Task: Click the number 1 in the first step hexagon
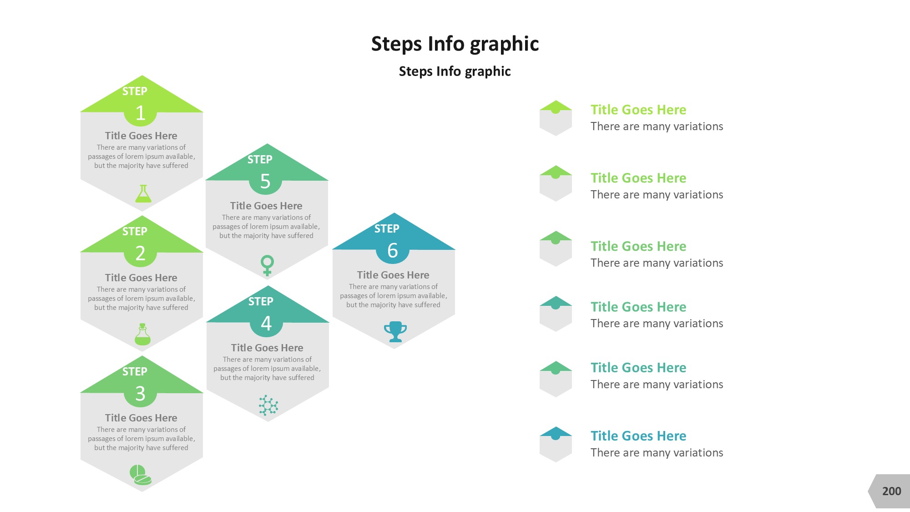tap(140, 113)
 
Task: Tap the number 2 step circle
tap(140, 253)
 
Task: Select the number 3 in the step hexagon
tap(140, 393)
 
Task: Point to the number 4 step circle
tap(267, 323)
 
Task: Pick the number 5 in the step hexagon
tap(265, 181)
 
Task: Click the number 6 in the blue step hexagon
tap(393, 250)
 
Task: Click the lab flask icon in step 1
tap(143, 193)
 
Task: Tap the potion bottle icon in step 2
tap(142, 334)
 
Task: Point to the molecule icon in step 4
tap(268, 405)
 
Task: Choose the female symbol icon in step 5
tap(267, 265)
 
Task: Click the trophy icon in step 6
tap(395, 332)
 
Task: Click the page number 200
tap(891, 491)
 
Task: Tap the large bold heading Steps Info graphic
tap(455, 44)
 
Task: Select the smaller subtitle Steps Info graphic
tap(455, 71)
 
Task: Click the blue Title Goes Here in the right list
tap(638, 436)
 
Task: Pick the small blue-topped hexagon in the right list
tap(556, 444)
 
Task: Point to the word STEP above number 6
tap(387, 228)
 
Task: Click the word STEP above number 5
tap(260, 159)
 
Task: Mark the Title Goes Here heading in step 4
tap(267, 348)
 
